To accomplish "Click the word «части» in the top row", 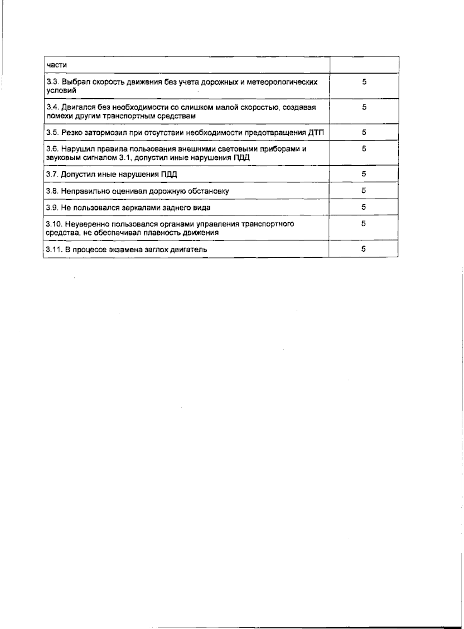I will click(x=56, y=65).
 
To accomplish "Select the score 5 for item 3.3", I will click(x=364, y=82).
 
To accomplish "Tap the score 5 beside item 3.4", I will click(x=364, y=107).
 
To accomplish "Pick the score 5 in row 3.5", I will click(x=364, y=132).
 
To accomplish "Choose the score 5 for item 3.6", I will click(x=364, y=149).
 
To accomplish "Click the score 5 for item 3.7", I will click(x=364, y=174).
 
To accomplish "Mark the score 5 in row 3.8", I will click(x=364, y=190).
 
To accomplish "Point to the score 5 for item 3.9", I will click(x=364, y=207).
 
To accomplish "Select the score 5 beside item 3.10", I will click(x=364, y=223).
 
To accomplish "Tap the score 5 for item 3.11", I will click(x=364, y=249).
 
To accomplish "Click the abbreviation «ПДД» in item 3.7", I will click(x=169, y=175).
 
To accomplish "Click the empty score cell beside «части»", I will click(x=364, y=65).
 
